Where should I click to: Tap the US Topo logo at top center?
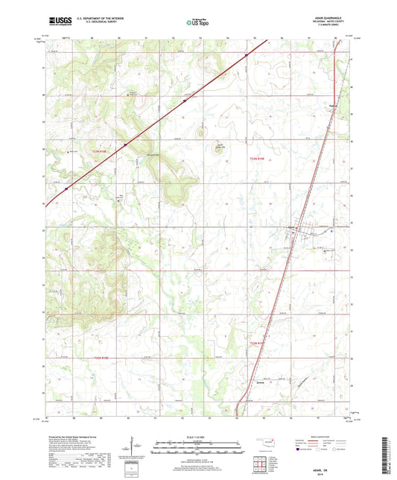pyautogui.click(x=198, y=22)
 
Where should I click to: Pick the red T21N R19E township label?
pyautogui.click(x=257, y=342)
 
